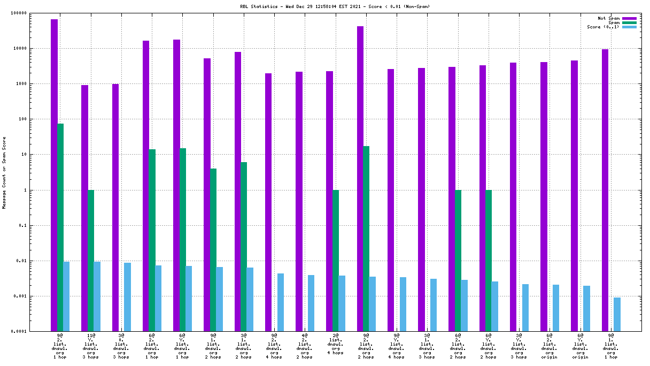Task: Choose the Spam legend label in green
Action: pos(614,22)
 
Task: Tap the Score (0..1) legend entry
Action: pos(603,27)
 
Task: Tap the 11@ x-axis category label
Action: pos(91,346)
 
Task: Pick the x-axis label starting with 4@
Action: pos(305,346)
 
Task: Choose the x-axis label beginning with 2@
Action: pos(335,344)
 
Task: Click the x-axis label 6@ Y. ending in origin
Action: pos(580,346)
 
